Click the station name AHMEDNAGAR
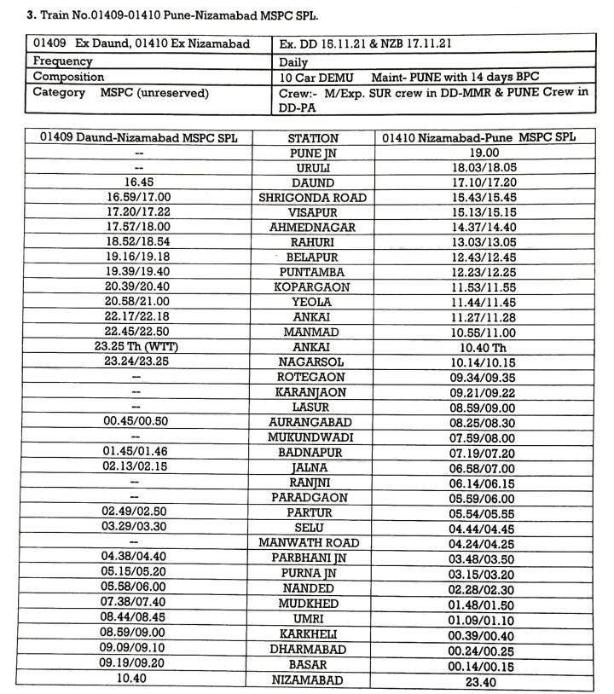tap(312, 228)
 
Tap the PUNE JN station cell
tap(312, 153)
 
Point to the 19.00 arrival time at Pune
tap(484, 153)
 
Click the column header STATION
tap(312, 137)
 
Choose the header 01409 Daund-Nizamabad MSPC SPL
tap(138, 137)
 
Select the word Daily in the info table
tap(293, 62)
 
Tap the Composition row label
tap(68, 77)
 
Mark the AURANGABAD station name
tap(312, 422)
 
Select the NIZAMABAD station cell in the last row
tap(312, 680)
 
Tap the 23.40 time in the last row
tap(484, 681)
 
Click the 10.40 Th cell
tap(484, 347)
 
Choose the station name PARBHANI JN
tap(312, 557)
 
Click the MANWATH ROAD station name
tap(312, 542)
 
